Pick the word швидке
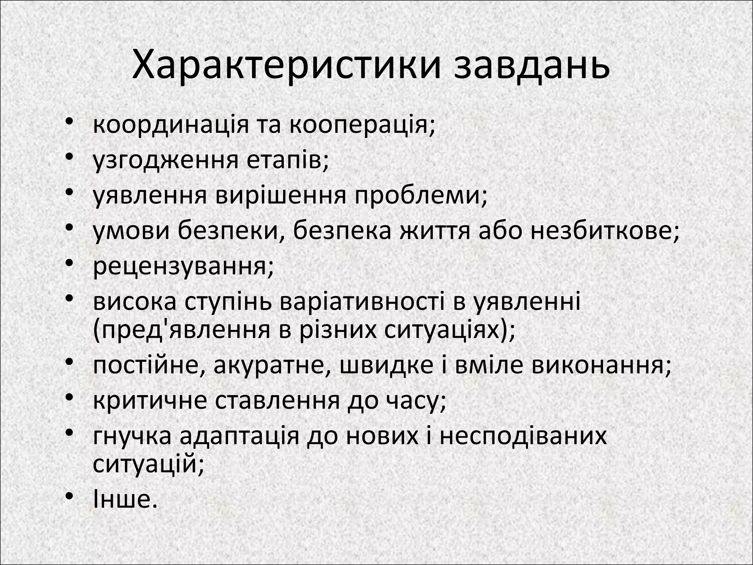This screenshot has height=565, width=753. tap(386, 366)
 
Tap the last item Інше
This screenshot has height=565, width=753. tap(124, 500)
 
